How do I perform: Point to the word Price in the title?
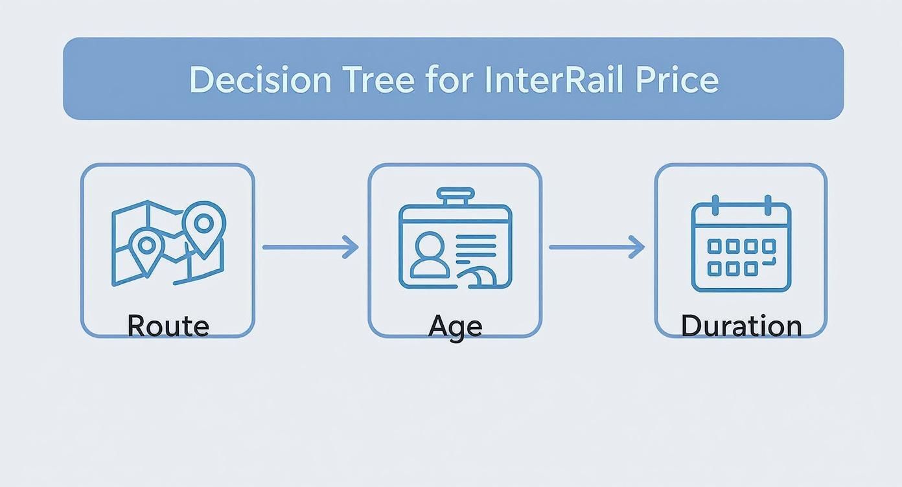[676, 80]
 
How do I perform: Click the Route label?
[168, 325]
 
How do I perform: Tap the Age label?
[455, 325]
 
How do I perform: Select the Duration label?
[741, 325]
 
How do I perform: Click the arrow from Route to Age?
[310, 247]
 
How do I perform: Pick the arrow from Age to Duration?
[597, 247]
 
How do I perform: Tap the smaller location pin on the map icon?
[147, 248]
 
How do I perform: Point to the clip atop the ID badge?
[456, 196]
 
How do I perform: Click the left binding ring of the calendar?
[715, 205]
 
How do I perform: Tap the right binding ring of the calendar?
[767, 205]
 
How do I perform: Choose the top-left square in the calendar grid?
[715, 246]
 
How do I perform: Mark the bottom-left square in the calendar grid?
[715, 268]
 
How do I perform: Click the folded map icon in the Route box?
[168, 243]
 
